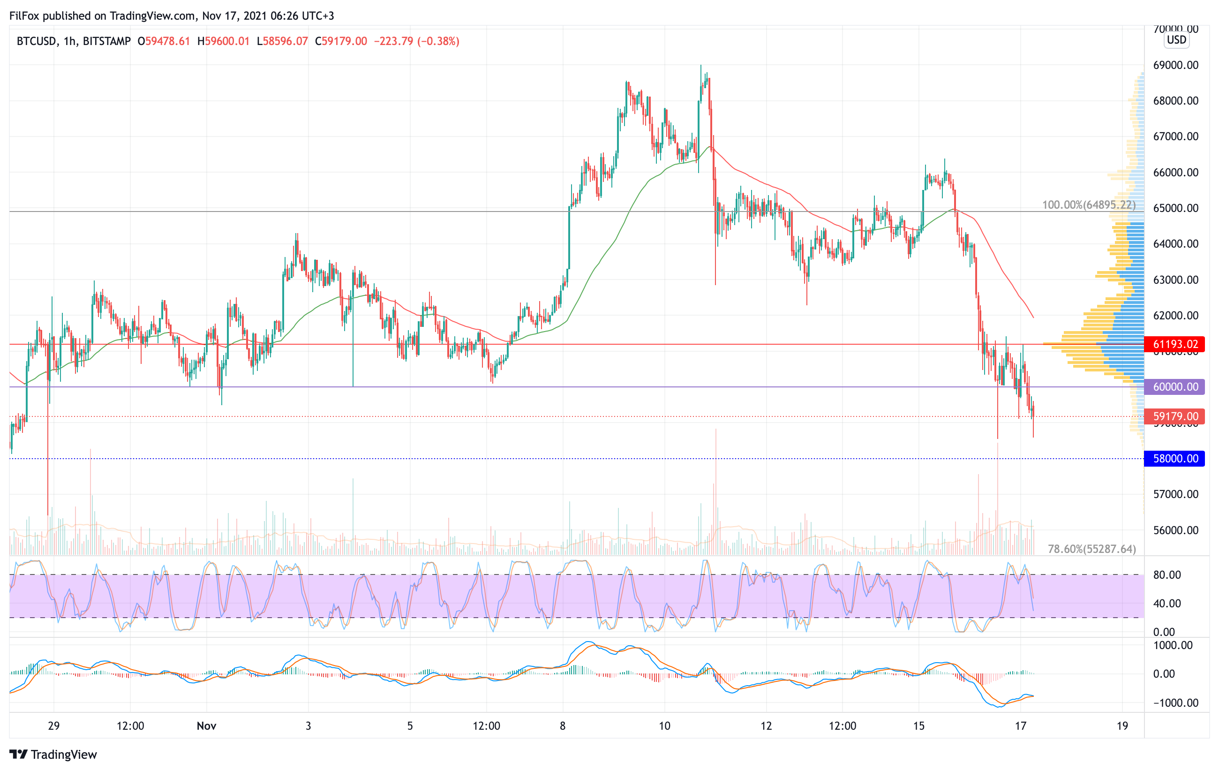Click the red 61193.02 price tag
(1175, 344)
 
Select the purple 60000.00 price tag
(1175, 387)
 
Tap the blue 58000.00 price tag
(1175, 459)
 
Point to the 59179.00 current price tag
(1175, 416)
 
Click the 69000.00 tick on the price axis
(1175, 65)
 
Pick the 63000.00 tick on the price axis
(1175, 280)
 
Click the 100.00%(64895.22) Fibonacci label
(1088, 205)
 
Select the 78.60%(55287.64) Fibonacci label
(1091, 549)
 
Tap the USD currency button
(1176, 39)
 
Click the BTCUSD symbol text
(36, 41)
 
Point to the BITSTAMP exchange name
(106, 41)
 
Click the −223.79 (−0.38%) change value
(416, 41)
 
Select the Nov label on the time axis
(207, 726)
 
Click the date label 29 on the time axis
(53, 726)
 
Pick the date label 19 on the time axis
(1122, 726)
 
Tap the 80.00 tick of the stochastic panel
(1167, 574)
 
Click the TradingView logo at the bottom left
(53, 754)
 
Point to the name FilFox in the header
(24, 15)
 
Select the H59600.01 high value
(223, 41)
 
